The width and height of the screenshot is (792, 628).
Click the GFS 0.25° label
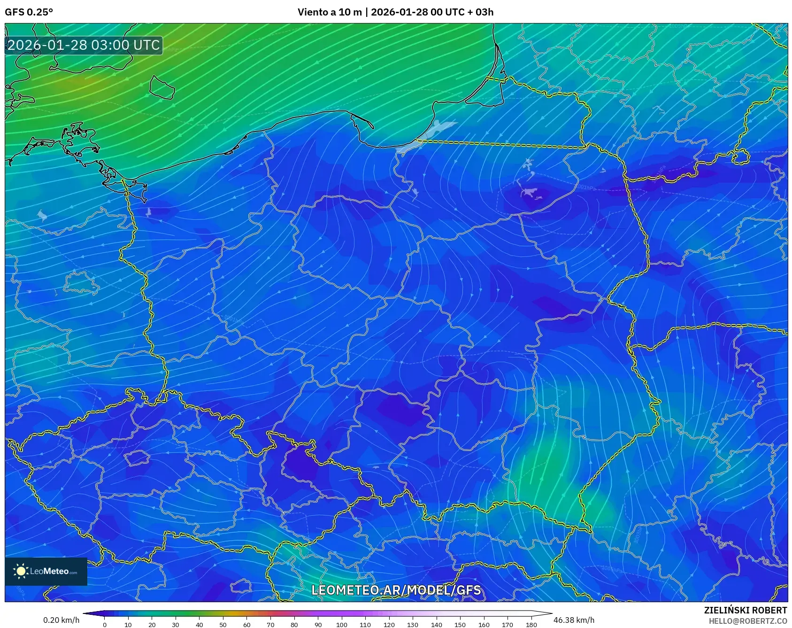(x=29, y=12)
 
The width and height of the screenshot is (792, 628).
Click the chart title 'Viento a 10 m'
(x=330, y=12)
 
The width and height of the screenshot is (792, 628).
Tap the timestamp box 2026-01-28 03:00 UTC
(x=84, y=45)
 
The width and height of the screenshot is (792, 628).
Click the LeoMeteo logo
(x=46, y=571)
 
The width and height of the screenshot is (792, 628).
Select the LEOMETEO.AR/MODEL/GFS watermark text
(x=396, y=590)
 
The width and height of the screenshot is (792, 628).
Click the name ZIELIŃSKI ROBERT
(x=745, y=610)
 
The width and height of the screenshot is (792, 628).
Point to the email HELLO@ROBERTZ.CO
(x=747, y=621)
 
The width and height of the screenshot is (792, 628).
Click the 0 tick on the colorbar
(x=104, y=624)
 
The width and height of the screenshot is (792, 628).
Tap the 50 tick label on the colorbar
(x=223, y=624)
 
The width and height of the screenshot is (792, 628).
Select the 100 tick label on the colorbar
(x=341, y=624)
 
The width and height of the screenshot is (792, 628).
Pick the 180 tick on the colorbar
(x=531, y=624)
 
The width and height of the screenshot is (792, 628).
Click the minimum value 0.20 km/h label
(x=61, y=620)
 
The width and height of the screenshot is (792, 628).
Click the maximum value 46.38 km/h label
(x=574, y=620)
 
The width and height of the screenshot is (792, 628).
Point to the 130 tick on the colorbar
(x=413, y=624)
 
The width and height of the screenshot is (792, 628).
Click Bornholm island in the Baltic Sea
(x=162, y=87)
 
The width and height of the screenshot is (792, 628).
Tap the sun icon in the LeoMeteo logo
(x=21, y=571)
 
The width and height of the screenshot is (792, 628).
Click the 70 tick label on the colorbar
(x=270, y=624)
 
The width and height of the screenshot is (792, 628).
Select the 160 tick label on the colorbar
(x=484, y=624)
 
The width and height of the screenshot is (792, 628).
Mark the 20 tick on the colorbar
(x=152, y=624)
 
